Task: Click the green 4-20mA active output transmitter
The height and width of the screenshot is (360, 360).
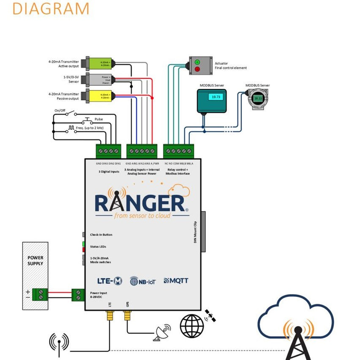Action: point(99,64)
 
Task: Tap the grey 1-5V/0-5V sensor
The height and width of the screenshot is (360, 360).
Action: point(99,79)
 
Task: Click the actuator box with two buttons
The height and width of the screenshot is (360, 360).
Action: point(199,66)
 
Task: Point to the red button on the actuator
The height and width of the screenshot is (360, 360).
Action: point(197,69)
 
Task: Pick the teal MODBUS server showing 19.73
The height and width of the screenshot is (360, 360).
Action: point(212,100)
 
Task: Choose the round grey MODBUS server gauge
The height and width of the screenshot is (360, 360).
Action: point(258,99)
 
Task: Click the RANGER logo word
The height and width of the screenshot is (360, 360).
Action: point(140,203)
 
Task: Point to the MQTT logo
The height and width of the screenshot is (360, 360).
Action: point(176,280)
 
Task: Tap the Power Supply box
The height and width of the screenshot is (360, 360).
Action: point(36,275)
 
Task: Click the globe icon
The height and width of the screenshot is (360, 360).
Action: point(192,326)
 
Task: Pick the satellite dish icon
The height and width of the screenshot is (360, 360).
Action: point(162,333)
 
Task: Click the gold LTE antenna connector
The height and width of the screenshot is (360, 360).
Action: point(110,316)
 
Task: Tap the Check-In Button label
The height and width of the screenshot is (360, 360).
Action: point(101,234)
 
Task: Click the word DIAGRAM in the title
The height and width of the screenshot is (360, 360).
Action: point(51,8)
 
